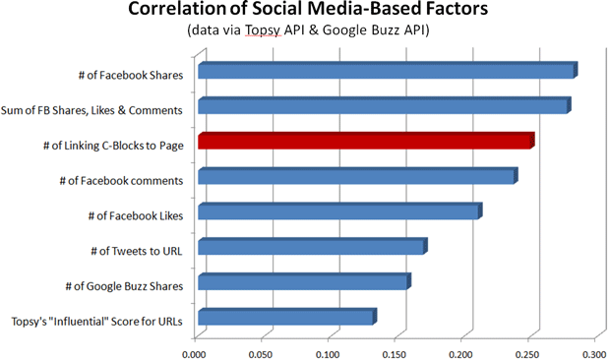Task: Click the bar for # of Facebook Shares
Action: point(386,72)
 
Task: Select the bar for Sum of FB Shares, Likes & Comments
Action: point(383,107)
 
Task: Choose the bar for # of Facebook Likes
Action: point(338,212)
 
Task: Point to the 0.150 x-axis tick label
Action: point(395,349)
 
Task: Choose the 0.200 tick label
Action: point(461,349)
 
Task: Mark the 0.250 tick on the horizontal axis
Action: point(528,349)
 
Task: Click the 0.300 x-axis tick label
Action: point(593,349)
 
